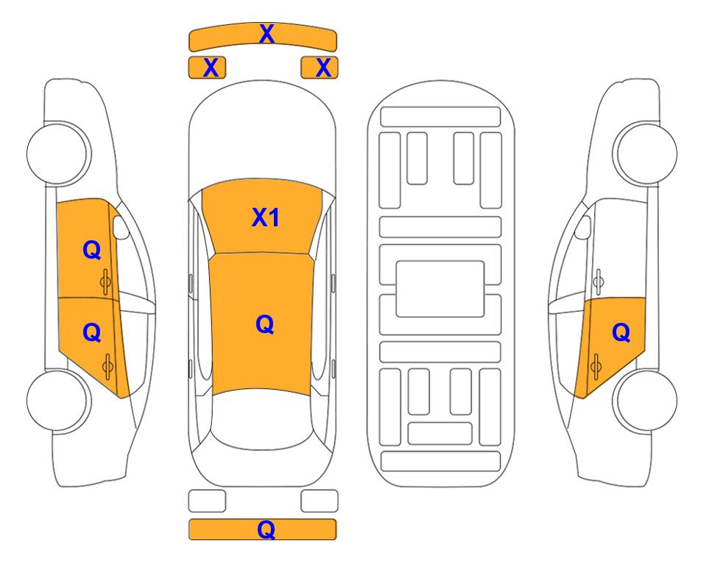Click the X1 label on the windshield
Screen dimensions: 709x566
[266, 217]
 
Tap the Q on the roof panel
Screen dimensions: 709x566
[265, 324]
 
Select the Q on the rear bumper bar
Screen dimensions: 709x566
[266, 529]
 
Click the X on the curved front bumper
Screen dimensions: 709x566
[267, 34]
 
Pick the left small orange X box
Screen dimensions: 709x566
[207, 68]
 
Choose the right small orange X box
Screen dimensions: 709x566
[320, 68]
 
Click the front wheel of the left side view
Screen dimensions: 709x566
[57, 153]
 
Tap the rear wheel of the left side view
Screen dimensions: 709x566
[57, 400]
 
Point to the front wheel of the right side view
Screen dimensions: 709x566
[645, 153]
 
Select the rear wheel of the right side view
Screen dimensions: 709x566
[645, 400]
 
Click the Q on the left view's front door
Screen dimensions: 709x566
[92, 250]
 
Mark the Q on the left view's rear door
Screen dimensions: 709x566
[92, 332]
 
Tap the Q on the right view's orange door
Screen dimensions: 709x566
[621, 332]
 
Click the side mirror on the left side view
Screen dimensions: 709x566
[121, 227]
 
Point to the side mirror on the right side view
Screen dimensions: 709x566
[582, 227]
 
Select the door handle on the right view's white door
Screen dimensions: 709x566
[599, 282]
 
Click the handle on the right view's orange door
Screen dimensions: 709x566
[596, 366]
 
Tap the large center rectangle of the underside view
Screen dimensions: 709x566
[440, 289]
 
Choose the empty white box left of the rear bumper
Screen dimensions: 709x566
[207, 501]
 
